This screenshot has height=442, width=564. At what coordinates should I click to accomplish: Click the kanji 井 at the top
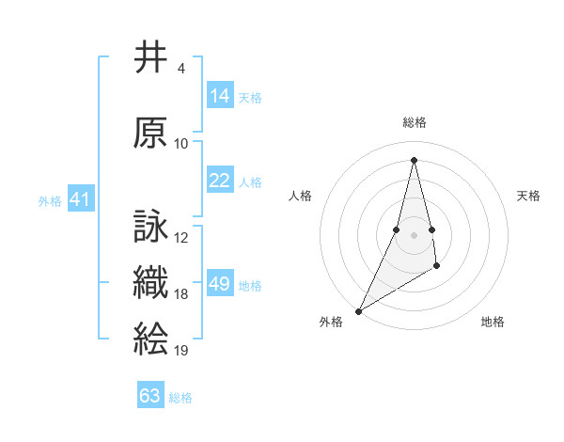(x=151, y=57)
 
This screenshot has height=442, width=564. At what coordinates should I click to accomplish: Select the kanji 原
(x=151, y=133)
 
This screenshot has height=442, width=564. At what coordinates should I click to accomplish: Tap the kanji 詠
(x=151, y=227)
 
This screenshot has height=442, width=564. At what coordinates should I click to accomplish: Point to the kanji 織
(x=151, y=283)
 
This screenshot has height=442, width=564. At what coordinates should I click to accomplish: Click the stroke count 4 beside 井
(x=180, y=69)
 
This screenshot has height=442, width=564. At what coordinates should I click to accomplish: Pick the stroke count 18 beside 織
(x=181, y=294)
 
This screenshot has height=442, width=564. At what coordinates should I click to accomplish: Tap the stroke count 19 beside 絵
(x=181, y=351)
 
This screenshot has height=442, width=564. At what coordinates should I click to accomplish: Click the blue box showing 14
(x=219, y=95)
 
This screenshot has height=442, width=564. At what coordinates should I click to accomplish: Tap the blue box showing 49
(x=219, y=284)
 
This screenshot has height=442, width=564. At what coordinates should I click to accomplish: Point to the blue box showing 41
(x=79, y=198)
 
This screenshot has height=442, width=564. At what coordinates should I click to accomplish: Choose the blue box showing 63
(x=150, y=396)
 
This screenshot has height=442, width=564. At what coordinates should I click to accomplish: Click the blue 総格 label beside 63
(x=180, y=398)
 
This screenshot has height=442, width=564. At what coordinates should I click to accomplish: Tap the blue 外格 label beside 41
(x=50, y=200)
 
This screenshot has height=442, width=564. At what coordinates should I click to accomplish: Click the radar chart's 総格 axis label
(x=414, y=122)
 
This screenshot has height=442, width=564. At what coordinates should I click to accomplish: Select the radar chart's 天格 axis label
(x=529, y=196)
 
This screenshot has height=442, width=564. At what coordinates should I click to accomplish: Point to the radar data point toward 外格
(x=358, y=310)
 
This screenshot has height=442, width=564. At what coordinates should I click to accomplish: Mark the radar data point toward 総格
(x=414, y=160)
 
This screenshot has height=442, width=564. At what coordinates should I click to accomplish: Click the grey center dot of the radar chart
(x=414, y=234)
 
